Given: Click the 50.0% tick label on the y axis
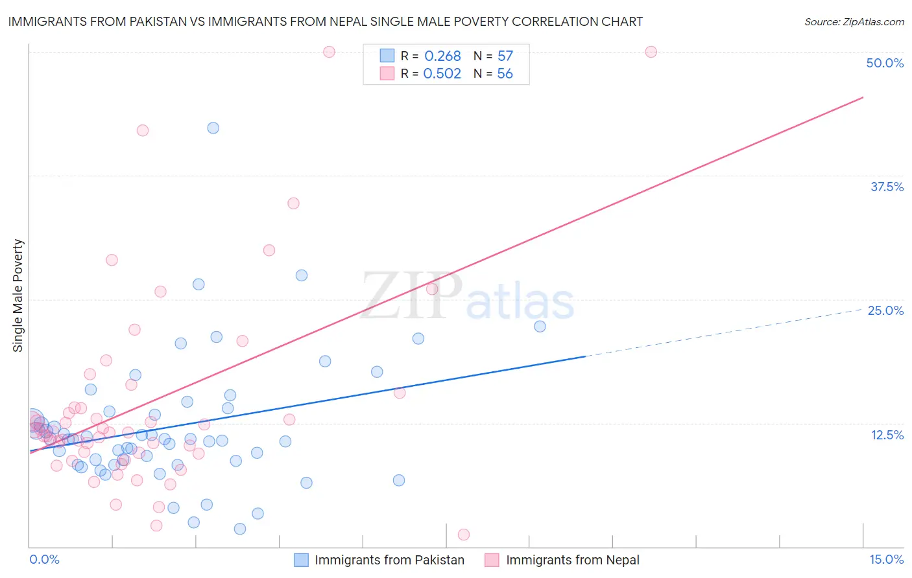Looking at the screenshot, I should pos(885,63).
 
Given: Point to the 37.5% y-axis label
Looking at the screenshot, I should pos(887,187).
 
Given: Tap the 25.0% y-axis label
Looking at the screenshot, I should pos(885,310).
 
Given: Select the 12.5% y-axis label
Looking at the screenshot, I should pos(887,435).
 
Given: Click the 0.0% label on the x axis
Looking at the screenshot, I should pos(44,559).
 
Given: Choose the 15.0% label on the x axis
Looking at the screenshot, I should pos(886,559).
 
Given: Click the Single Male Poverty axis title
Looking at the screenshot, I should pos(18,295).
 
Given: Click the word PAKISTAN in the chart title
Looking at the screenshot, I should pos(163,21).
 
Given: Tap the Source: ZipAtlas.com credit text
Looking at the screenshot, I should pos(854,21).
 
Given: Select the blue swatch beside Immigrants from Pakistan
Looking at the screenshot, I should pos(301,560).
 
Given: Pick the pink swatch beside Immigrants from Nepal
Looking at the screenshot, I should pos(492,560).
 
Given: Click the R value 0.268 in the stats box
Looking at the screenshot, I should pos(442,56).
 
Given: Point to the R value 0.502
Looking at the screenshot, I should pos(442,74).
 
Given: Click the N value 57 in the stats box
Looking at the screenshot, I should pos(505,56).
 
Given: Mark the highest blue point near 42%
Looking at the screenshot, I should pos(213,128).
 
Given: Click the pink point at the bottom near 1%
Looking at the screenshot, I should pos(464,535).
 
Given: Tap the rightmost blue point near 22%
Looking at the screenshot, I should pos(540,326).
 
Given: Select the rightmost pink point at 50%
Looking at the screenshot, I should pos(651,52).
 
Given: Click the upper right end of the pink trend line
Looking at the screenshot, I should pos(863,97).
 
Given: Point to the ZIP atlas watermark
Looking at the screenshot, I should pos(468,297).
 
